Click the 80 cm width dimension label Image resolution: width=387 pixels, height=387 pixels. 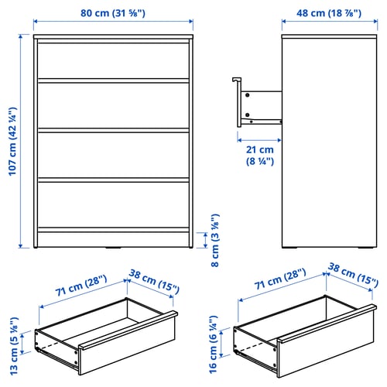(113, 13)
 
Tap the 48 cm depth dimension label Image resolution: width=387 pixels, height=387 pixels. (329, 13)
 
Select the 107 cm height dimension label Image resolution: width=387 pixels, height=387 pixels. (12, 142)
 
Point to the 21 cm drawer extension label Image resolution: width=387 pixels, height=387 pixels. (260, 156)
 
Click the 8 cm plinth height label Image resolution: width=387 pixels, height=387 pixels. (215, 240)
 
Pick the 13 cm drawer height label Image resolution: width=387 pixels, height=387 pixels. (14, 346)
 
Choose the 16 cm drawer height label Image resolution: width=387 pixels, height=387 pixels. (214, 344)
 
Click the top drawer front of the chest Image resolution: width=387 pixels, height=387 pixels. (114, 60)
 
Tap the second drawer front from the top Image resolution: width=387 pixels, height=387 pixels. (114, 105)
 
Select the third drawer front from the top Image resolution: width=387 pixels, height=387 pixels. (114, 155)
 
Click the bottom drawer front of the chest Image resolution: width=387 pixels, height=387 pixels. (114, 205)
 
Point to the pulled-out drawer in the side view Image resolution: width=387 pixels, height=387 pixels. (258, 103)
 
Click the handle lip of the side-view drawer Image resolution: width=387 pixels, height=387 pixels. (236, 80)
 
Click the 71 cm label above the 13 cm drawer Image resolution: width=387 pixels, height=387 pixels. (81, 286)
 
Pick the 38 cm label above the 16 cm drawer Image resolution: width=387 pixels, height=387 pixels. (353, 276)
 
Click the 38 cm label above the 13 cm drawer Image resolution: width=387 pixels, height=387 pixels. (154, 282)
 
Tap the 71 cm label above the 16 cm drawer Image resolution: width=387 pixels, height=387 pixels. (280, 279)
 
